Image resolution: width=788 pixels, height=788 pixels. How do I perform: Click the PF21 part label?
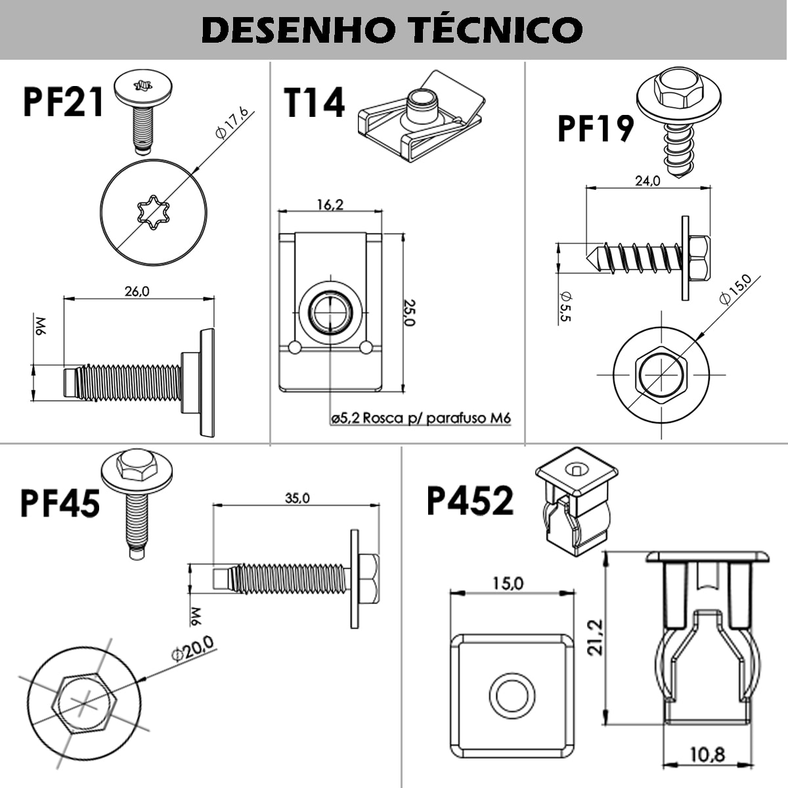[63, 102]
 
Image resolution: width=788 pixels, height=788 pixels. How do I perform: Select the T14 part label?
[314, 103]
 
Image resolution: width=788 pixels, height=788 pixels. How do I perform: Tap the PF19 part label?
[595, 129]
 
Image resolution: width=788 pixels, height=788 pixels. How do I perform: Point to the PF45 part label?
[60, 502]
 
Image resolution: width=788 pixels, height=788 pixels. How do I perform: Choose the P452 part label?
[470, 501]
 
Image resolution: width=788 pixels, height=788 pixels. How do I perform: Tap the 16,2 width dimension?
[330, 204]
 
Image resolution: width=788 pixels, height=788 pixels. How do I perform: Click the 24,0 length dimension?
[647, 181]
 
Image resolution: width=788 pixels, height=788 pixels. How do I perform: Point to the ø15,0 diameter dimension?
[735, 289]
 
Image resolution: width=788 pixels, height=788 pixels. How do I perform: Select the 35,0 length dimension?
[297, 498]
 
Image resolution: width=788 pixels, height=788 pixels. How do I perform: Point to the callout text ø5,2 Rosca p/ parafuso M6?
[421, 418]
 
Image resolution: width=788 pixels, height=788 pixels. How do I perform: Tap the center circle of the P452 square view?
[512, 693]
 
